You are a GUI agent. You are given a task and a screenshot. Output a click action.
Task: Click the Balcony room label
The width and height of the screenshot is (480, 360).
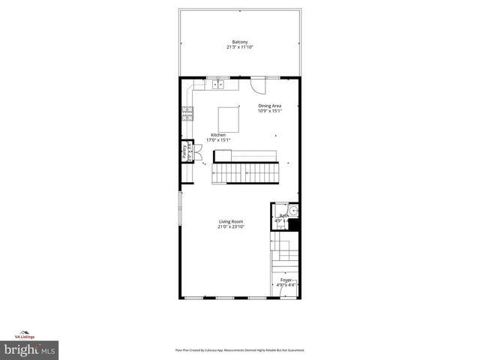point(240,41)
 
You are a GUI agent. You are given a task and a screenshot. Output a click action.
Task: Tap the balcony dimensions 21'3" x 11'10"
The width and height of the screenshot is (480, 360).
point(240,47)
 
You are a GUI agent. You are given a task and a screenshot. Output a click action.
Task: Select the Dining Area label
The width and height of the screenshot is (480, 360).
point(270,106)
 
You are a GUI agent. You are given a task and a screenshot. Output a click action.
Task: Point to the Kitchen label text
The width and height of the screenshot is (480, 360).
point(218,135)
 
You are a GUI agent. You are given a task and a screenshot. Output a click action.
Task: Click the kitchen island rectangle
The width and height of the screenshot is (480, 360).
point(229,119)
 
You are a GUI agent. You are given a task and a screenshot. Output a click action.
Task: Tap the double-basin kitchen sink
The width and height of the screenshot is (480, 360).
point(218,84)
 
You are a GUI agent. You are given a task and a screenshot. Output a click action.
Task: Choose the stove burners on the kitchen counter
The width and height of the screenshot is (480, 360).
point(187,114)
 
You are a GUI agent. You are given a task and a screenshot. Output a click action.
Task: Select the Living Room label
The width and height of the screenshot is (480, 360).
point(231,221)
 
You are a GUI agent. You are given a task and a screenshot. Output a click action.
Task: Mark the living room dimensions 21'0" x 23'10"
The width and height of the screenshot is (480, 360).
point(231,227)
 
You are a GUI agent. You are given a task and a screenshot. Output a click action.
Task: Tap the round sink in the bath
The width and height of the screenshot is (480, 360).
point(294,211)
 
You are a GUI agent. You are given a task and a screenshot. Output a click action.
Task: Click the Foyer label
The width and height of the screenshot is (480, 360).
point(286,280)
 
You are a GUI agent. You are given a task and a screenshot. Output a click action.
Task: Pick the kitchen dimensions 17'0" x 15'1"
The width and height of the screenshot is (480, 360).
point(218,140)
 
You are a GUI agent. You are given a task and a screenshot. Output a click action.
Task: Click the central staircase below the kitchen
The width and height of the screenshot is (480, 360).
point(247,173)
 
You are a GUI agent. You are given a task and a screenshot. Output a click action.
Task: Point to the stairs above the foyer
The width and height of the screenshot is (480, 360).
point(285,255)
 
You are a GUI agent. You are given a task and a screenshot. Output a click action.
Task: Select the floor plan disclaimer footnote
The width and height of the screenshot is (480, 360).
point(240,350)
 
